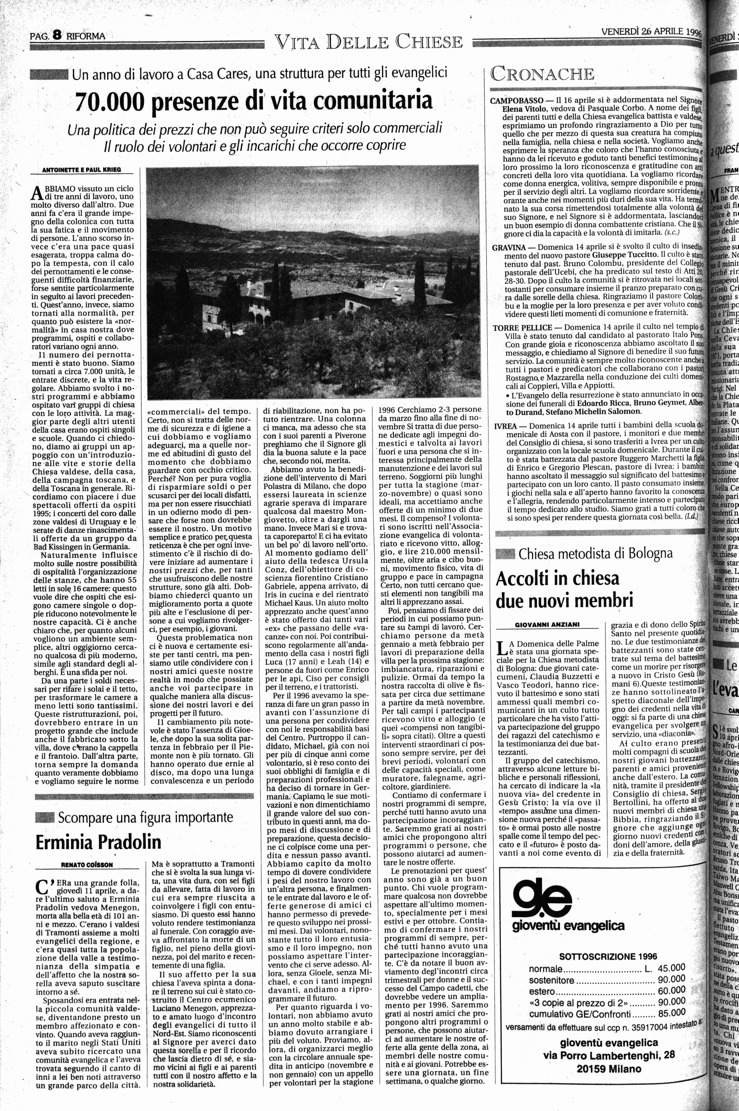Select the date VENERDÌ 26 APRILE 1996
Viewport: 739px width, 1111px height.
point(650,32)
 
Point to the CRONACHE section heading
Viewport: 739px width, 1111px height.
point(542,74)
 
